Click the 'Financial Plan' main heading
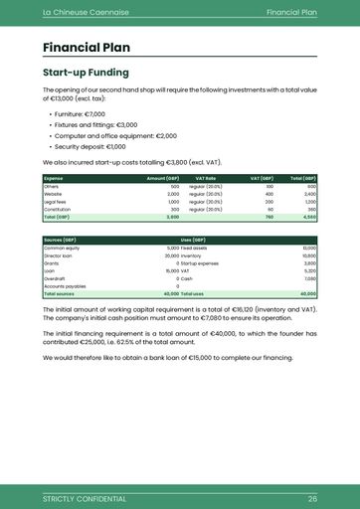pos(86,47)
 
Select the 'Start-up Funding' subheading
pos(85,73)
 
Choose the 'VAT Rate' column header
pos(205,178)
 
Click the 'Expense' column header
pos(54,178)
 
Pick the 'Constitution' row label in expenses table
pos(58,210)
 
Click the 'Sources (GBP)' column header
pos(61,240)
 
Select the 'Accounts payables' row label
pos(65,286)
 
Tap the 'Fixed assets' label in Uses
pos(194,248)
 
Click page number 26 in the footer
pos(311,497)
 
